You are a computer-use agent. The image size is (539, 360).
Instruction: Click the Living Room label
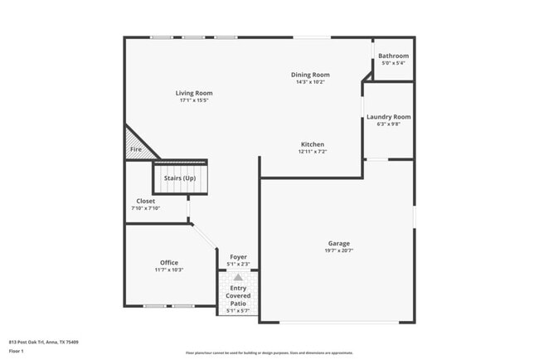(194, 93)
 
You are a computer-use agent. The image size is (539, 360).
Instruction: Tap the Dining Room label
(310, 75)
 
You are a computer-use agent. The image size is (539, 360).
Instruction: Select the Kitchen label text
(313, 144)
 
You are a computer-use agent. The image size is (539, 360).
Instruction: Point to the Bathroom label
(393, 56)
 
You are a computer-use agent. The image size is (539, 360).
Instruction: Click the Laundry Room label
(388, 117)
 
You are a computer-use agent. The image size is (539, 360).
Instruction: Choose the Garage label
(337, 243)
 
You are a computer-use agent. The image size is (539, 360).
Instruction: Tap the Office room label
(169, 262)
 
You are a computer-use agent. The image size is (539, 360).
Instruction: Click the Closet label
(145, 201)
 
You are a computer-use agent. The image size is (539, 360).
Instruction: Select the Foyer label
(238, 257)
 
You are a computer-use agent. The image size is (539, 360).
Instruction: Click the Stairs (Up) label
(179, 178)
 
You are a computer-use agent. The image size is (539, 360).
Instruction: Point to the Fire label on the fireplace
(136, 149)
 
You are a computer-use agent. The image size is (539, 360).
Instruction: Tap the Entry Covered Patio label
(238, 295)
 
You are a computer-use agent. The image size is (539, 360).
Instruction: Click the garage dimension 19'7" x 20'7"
(337, 251)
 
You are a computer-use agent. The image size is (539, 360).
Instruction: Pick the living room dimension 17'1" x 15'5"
(194, 100)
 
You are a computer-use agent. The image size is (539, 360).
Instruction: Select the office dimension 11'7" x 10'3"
(169, 270)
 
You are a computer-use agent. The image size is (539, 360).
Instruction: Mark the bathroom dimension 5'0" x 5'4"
(393, 63)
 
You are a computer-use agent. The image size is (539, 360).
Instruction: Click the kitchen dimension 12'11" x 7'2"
(313, 152)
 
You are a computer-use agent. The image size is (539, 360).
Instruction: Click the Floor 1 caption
(16, 351)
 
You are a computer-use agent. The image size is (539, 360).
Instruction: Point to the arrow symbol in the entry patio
(238, 277)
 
